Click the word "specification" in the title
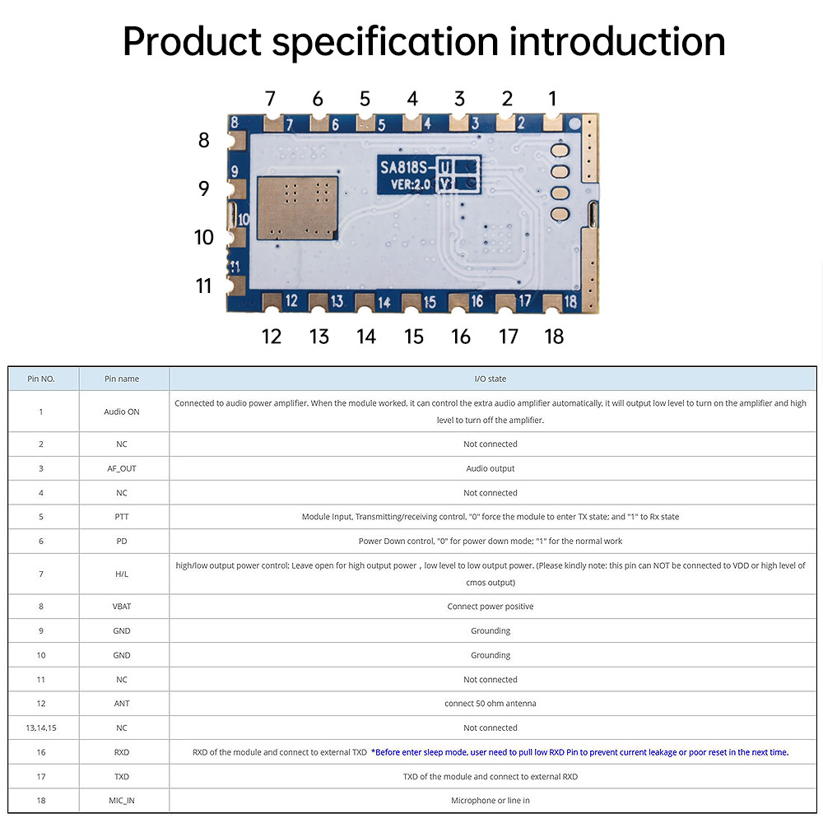pos(384,42)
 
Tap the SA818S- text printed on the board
pos(407,167)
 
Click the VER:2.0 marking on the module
pos(410,184)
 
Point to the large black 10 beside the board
pos(203,237)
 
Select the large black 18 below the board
pos(554,337)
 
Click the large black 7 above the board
pos(270,99)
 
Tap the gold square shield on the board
pos(297,208)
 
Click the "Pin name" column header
pos(122,379)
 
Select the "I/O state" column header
pos(491,379)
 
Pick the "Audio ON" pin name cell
pos(122,411)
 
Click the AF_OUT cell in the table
pos(122,468)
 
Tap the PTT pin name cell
pos(122,517)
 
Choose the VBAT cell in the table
pos(122,607)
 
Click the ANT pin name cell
pos(122,704)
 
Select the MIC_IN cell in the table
pos(122,801)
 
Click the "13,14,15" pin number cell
pos(41,728)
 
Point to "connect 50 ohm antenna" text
pos(491,704)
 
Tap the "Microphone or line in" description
pos(491,801)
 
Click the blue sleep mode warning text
pos(579,752)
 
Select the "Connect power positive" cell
pos(491,607)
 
